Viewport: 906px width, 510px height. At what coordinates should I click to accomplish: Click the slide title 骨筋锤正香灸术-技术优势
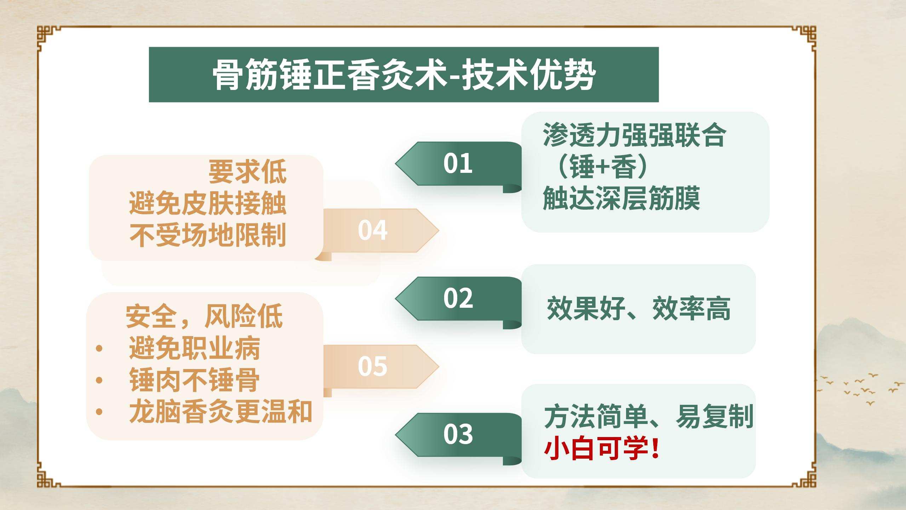[x=404, y=75]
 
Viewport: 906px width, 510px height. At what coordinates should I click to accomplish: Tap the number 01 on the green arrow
[x=458, y=163]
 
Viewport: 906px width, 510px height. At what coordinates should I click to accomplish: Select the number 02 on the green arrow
[x=458, y=298]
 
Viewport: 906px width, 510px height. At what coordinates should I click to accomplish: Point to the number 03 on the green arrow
[x=458, y=434]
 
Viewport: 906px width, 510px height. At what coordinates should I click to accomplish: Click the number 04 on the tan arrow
[x=372, y=230]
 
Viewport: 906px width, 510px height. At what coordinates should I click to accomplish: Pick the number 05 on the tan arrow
[x=372, y=366]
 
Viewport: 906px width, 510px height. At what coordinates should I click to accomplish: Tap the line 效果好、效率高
[x=638, y=308]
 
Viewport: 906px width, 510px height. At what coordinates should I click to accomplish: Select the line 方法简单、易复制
[x=649, y=416]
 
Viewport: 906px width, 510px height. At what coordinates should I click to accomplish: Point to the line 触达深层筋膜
[x=621, y=198]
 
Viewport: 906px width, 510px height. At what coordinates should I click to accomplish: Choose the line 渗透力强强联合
[x=635, y=135]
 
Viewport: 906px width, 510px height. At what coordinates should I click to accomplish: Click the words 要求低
[x=247, y=172]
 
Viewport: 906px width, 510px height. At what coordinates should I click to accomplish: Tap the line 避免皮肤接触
[x=208, y=204]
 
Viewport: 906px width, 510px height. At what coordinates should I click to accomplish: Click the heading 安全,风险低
[x=204, y=316]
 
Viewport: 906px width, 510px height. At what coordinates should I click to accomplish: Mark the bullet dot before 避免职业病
[x=99, y=348]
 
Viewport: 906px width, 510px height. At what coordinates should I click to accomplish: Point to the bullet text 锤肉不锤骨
[x=194, y=380]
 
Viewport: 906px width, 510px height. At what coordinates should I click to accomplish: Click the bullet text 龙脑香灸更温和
[x=220, y=411]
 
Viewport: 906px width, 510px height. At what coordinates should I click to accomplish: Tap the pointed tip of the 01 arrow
[x=396, y=164]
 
